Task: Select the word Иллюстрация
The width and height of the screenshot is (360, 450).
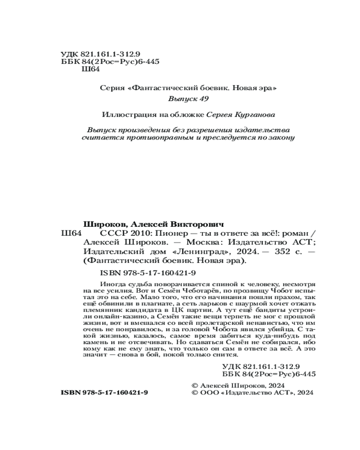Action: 124,114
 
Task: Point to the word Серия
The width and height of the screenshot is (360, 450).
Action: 112,88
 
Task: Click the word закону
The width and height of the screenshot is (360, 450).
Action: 283,137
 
